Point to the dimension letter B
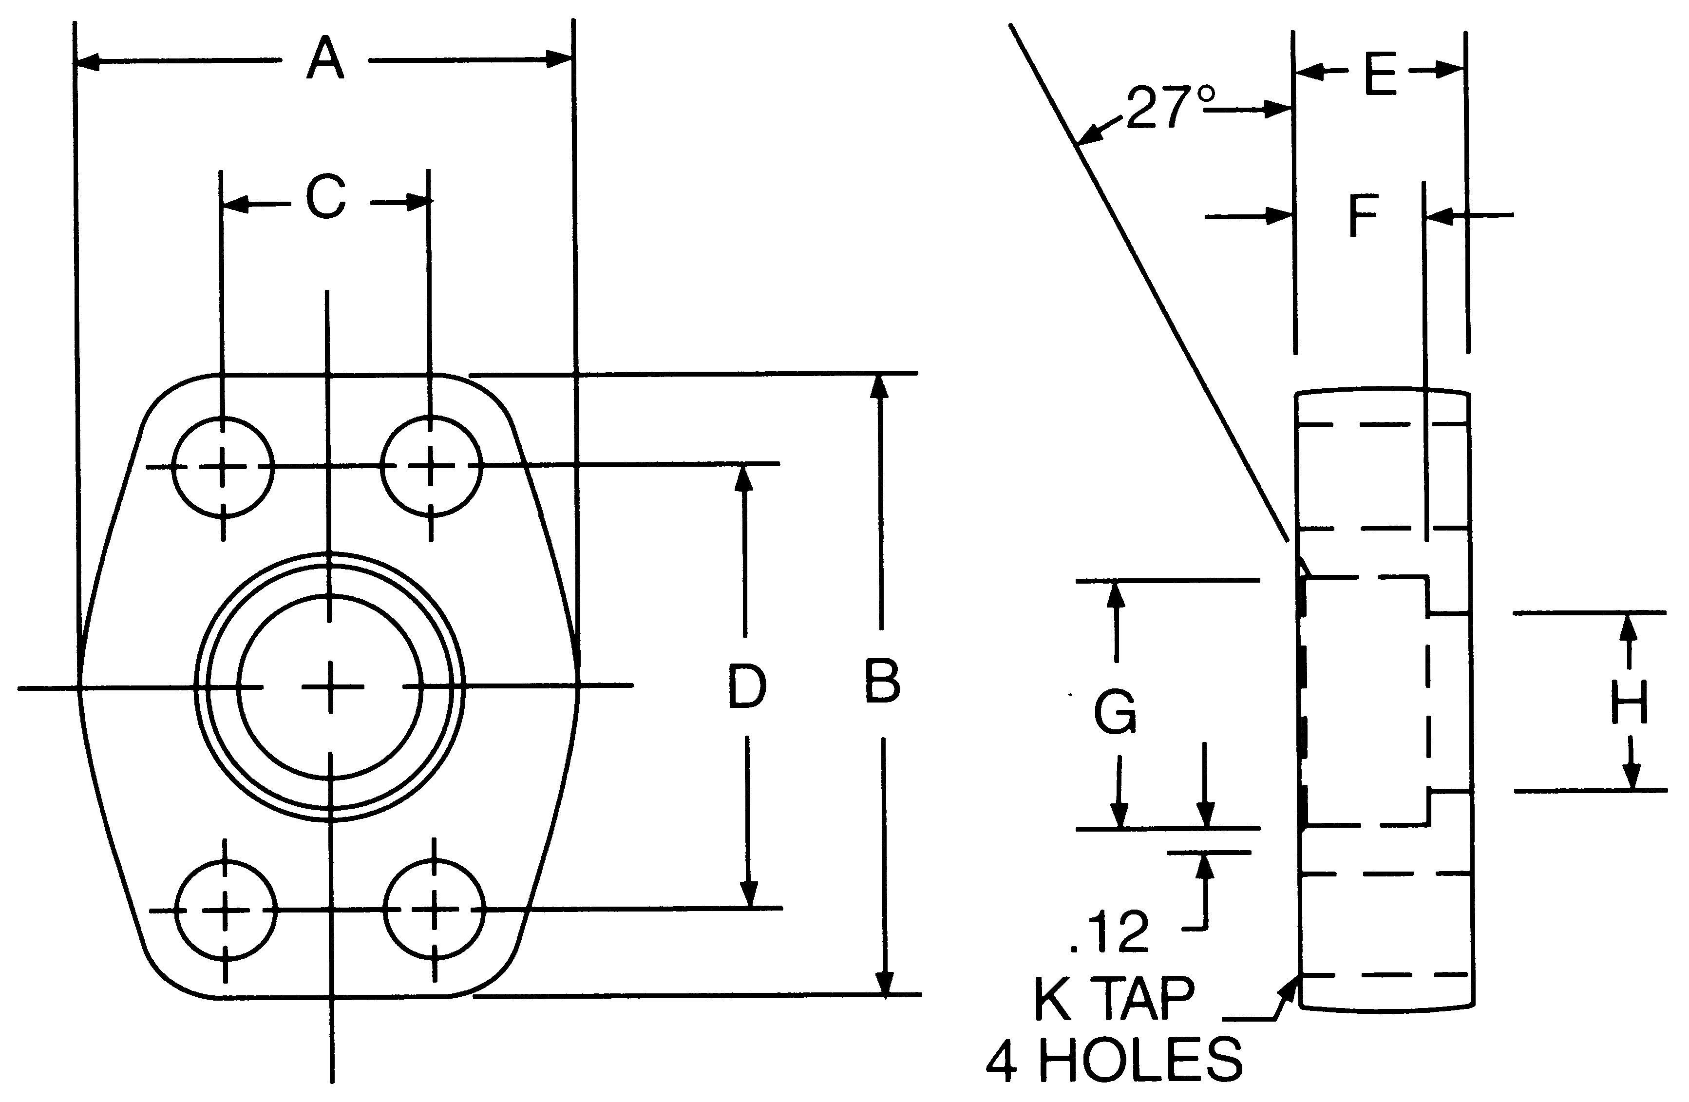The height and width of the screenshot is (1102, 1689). [882, 682]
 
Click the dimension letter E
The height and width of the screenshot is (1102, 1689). [1380, 75]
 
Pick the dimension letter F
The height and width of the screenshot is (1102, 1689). [1363, 216]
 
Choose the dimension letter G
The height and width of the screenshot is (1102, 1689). [1115, 712]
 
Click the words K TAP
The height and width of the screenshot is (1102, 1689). [1114, 999]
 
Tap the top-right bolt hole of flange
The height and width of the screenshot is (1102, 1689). [431, 467]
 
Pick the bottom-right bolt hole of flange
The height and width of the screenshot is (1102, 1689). [435, 910]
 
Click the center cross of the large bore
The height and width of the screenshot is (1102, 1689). [330, 687]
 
